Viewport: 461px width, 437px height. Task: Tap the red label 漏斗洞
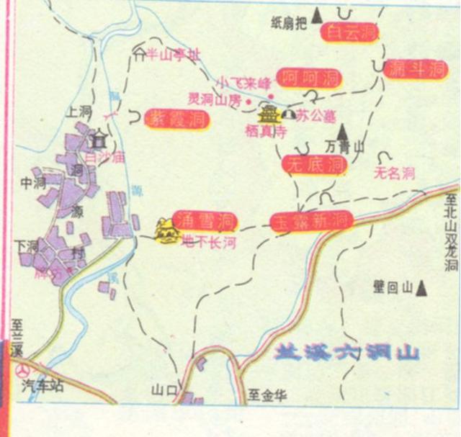(417, 69)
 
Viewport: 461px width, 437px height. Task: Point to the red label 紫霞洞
(177, 119)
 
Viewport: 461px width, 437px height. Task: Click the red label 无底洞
(314, 165)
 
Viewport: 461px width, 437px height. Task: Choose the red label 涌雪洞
(207, 220)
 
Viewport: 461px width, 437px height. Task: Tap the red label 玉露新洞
(311, 220)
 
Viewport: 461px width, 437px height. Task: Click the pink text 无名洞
(395, 173)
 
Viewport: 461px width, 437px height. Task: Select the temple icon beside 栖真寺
(269, 114)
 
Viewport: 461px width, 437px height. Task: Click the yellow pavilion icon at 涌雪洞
(167, 230)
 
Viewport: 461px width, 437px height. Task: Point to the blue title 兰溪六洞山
(346, 353)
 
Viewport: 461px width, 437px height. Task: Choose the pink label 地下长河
(209, 243)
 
